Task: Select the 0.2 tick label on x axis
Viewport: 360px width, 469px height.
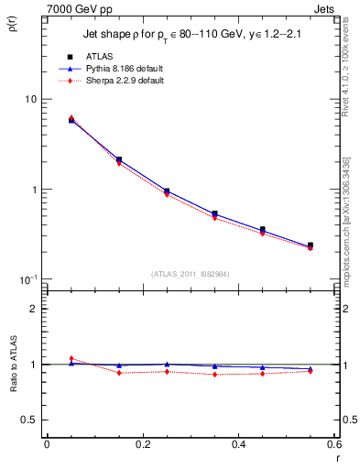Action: pos(142,444)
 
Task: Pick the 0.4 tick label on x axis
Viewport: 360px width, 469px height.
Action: pos(238,444)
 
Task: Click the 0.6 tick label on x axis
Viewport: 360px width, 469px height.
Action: pos(333,444)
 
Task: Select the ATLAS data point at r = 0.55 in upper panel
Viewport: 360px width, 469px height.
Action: pos(310,245)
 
